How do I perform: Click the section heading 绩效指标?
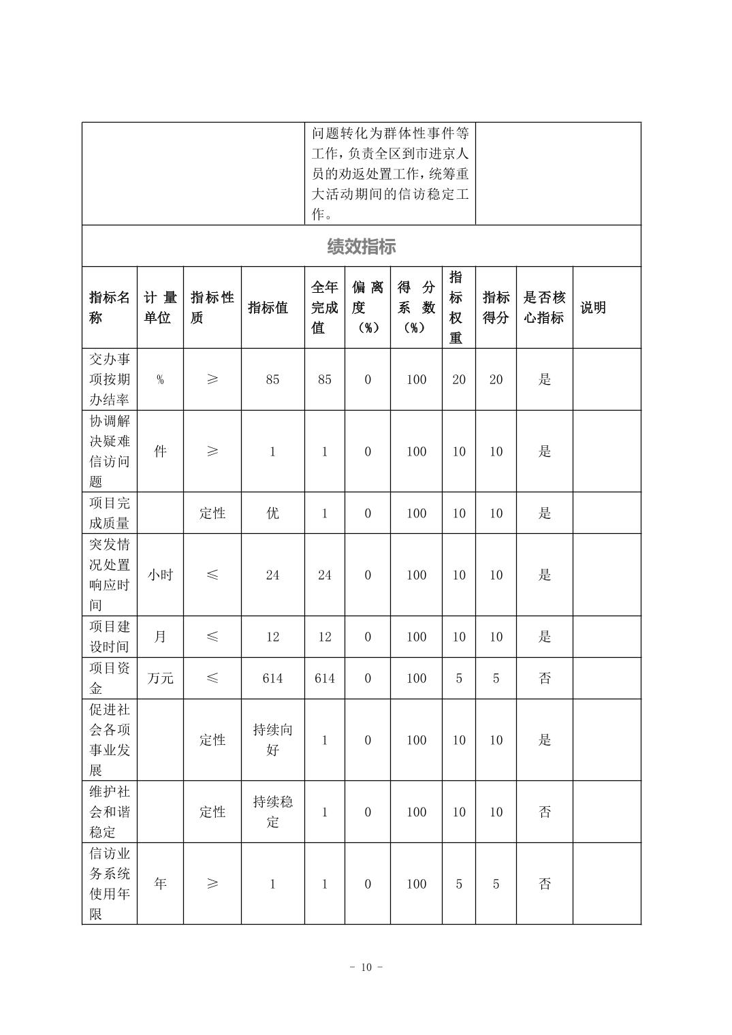(x=361, y=246)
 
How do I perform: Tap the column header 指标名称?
(x=109, y=308)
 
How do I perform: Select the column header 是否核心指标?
(x=544, y=308)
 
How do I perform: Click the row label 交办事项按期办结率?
(x=109, y=379)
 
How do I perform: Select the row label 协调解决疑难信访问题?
(x=109, y=451)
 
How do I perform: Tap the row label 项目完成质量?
(x=109, y=513)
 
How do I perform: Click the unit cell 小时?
(x=160, y=575)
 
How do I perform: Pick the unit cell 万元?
(x=160, y=678)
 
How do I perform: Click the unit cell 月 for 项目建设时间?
(x=160, y=637)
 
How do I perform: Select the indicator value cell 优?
(x=272, y=513)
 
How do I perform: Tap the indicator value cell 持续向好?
(x=272, y=740)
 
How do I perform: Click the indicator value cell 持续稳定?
(x=272, y=812)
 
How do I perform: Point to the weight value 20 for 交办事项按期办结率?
(x=459, y=380)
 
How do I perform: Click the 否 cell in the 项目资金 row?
(x=545, y=678)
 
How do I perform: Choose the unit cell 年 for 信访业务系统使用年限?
(x=160, y=884)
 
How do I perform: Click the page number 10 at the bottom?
(x=366, y=968)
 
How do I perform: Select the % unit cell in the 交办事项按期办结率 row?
(x=160, y=380)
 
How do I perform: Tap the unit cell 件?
(x=160, y=451)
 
